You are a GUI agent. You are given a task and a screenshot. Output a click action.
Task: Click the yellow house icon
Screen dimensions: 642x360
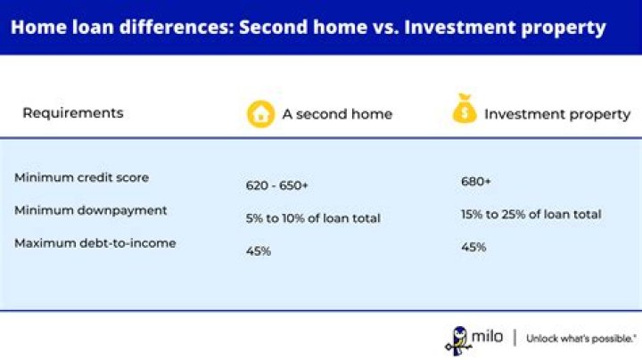coord(260,114)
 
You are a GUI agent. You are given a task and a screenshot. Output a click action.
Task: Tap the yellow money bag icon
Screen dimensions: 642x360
coord(465,109)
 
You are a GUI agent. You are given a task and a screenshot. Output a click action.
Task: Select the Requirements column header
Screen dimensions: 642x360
coord(73,113)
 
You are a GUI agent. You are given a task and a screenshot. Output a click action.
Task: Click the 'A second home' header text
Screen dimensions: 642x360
coord(337,114)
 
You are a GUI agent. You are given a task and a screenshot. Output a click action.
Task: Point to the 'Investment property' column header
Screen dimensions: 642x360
coord(557,114)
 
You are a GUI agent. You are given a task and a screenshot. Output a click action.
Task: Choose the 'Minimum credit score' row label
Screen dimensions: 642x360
coord(81,177)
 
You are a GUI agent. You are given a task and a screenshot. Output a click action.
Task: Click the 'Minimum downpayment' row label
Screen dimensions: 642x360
coord(90,210)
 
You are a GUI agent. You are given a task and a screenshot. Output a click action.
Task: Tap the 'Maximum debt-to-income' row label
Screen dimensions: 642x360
coord(95,243)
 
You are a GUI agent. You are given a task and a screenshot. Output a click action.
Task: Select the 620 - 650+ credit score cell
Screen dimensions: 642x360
coord(276,185)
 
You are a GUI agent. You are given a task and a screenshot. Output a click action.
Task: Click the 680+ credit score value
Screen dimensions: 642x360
coord(476,181)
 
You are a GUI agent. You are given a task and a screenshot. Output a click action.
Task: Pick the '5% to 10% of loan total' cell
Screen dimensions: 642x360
coord(313,218)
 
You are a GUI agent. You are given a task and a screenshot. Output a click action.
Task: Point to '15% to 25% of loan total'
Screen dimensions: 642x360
coord(531,215)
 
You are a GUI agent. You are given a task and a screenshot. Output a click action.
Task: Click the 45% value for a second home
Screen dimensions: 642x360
coord(259,250)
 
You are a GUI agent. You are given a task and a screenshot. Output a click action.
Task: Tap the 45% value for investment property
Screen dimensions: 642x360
coord(473,247)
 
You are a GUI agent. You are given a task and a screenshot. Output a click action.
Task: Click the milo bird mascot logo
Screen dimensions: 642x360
coord(458,340)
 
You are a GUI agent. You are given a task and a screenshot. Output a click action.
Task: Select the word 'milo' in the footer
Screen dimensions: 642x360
coord(487,337)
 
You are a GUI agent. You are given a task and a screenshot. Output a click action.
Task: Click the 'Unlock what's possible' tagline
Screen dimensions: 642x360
coord(581,339)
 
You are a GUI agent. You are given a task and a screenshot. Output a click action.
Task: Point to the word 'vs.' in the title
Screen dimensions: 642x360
coord(385,28)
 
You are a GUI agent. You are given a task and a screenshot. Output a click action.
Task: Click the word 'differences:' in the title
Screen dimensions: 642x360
coord(177,27)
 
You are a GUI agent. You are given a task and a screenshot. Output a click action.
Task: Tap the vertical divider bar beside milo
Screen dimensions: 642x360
coord(514,338)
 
